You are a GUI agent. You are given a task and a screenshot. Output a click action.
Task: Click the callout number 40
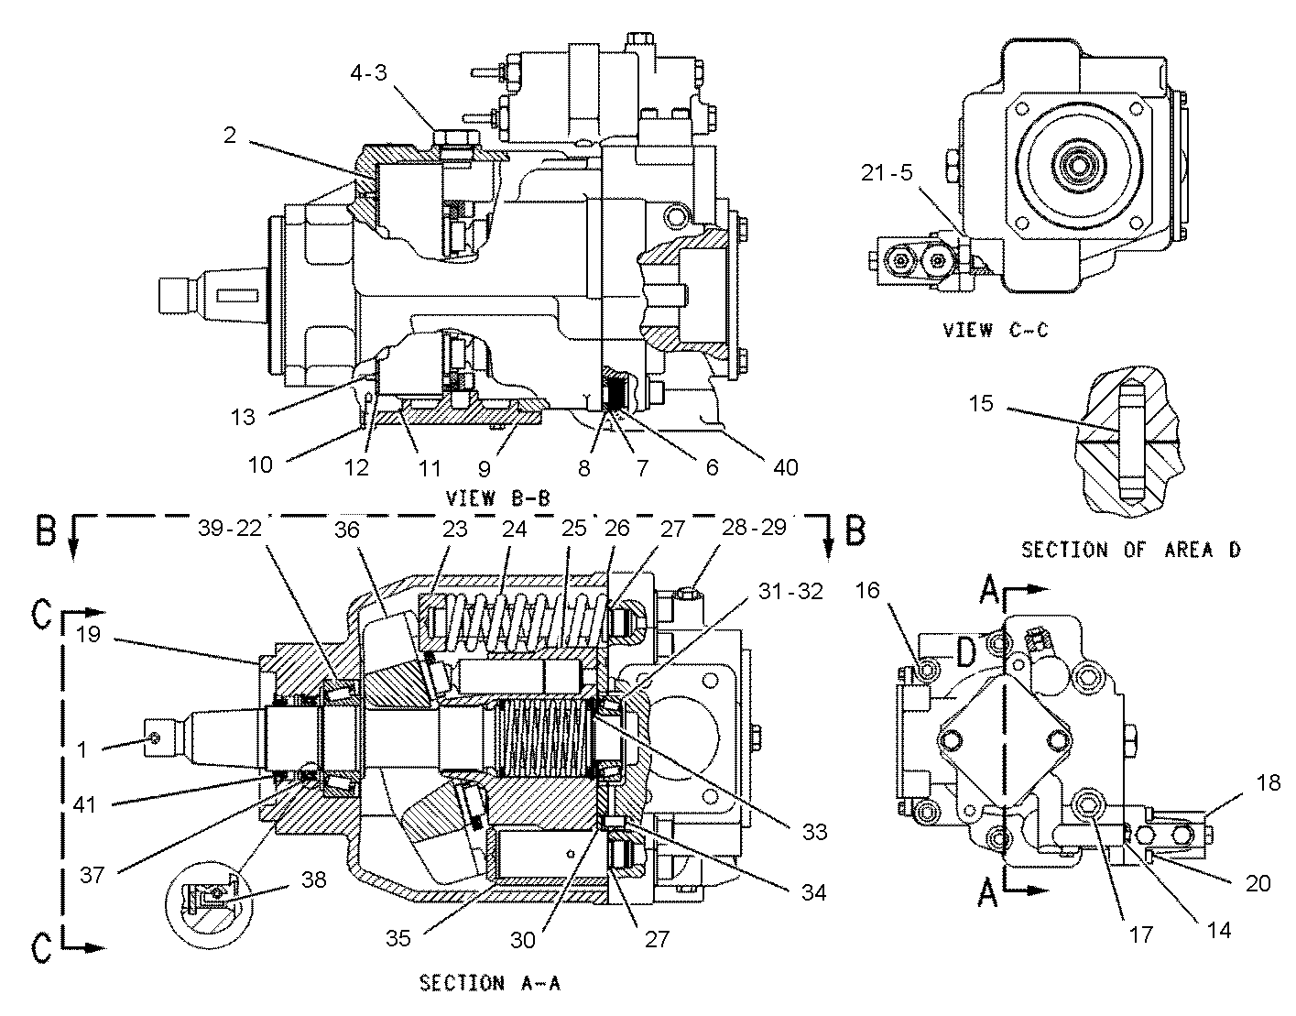pos(784,467)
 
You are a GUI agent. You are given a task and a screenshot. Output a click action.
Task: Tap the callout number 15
pos(981,403)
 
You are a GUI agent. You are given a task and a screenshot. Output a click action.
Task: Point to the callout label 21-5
pos(887,172)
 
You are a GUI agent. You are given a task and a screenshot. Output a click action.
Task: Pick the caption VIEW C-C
pos(995,330)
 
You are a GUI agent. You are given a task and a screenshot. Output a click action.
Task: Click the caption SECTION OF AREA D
pos(1130,550)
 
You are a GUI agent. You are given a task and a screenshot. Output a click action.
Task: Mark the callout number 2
pos(229,136)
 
